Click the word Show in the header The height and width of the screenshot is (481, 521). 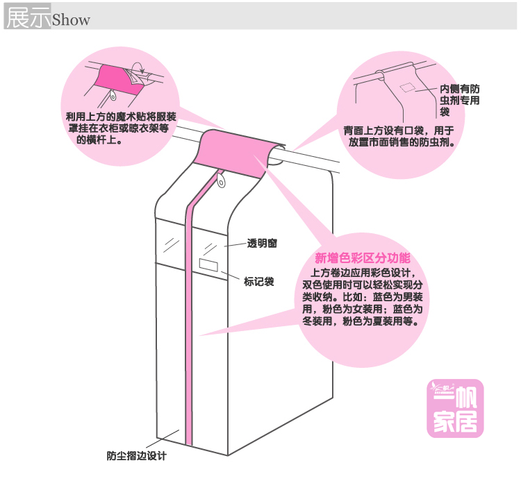(71, 19)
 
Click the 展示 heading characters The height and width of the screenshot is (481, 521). (28, 18)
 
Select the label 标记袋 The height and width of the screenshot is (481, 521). (258, 281)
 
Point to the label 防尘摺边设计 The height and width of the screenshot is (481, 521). (136, 457)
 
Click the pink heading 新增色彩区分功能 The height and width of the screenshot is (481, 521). (363, 258)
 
